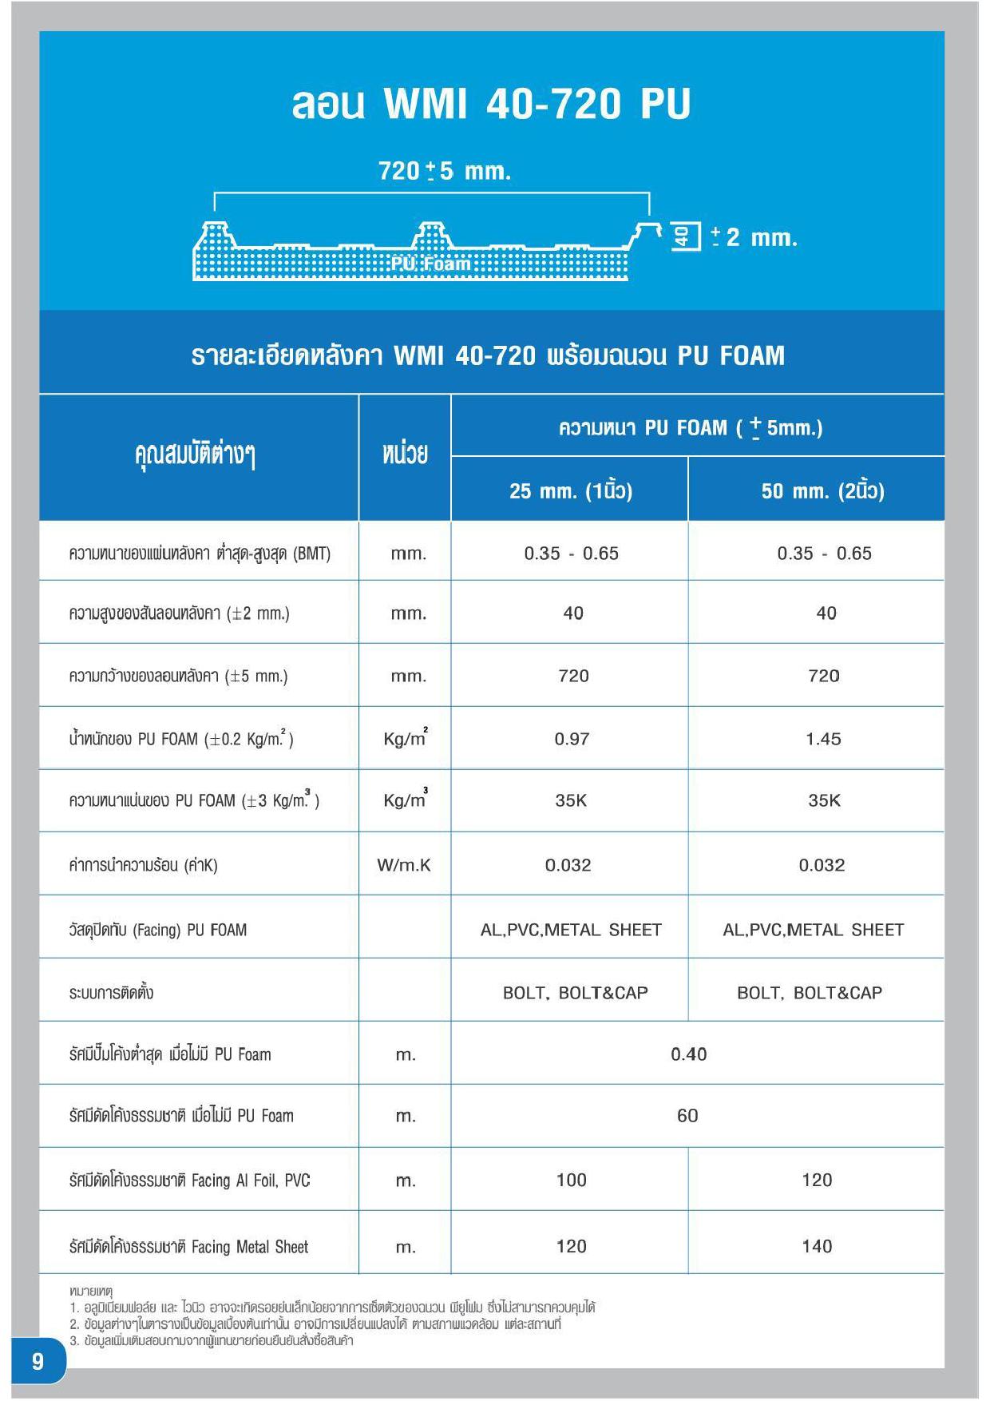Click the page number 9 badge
coord(38,1361)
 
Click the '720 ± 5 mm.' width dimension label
coord(444,171)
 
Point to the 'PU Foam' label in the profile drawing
coord(430,264)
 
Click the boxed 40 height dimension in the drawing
coord(683,236)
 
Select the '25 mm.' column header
coord(570,490)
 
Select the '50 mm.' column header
coord(822,490)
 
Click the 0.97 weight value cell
coord(572,739)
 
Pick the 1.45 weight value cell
coord(823,739)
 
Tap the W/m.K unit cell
coord(404,865)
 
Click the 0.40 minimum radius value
coord(688,1054)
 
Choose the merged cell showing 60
coord(687,1116)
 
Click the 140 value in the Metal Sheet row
coord(817,1246)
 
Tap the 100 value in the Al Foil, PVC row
coord(571,1180)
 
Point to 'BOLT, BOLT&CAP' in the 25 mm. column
coord(575,993)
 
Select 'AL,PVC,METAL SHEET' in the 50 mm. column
coord(813,930)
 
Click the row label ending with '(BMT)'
coord(200,553)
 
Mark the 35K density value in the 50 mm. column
coord(824,800)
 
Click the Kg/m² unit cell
coord(405,739)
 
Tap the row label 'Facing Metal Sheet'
coord(188,1247)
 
